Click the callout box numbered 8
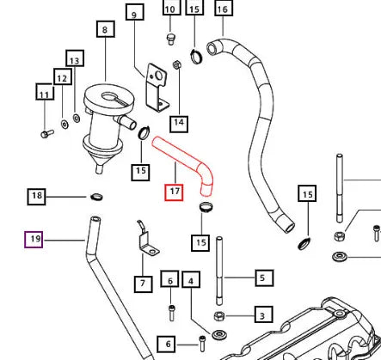pos(106,29)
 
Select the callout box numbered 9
pos(135,12)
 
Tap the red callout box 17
pos(174,192)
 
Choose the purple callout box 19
pos(34,240)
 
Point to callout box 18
pos(36,197)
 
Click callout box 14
pos(179,124)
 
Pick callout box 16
pos(224,9)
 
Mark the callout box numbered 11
pos(45,92)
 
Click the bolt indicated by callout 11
pos(47,134)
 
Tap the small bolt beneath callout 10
pos(171,39)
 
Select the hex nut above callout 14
pos(176,64)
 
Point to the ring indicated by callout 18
pos(96,197)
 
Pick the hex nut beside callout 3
pos(219,316)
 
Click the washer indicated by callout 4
pos(219,335)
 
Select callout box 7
pos(143,284)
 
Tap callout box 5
pos(264,278)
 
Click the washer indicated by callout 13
pos(77,118)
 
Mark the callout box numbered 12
pos(63,76)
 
